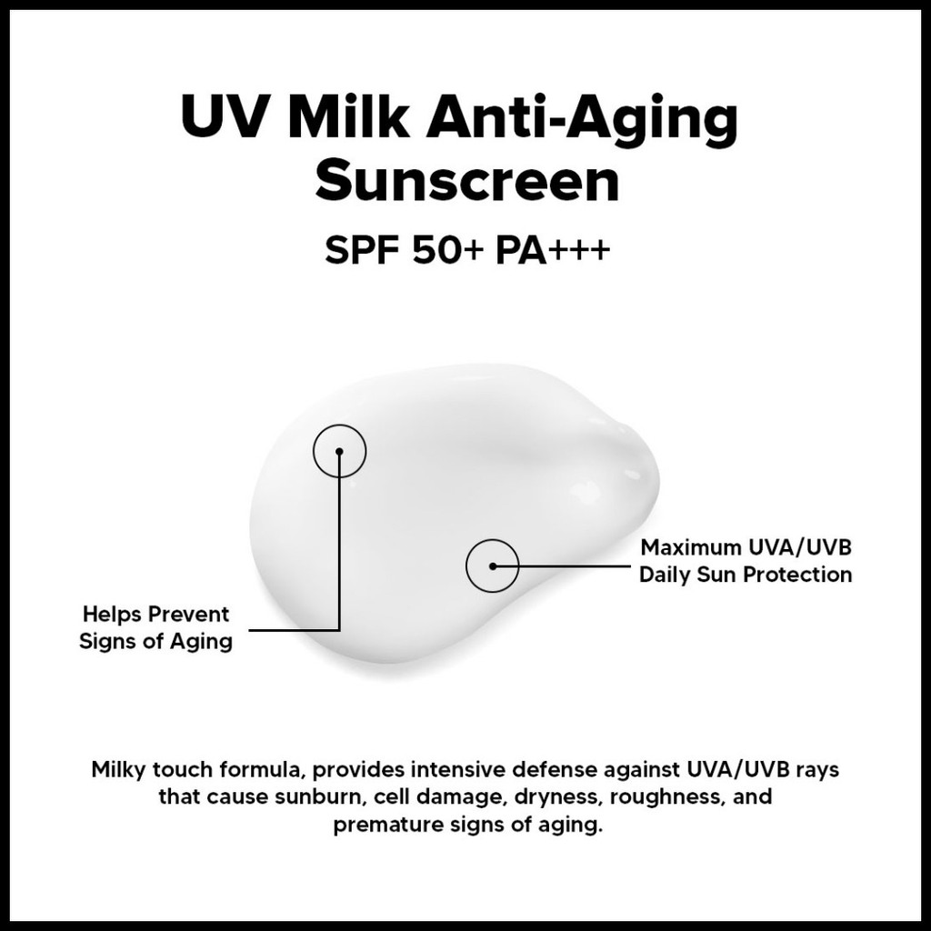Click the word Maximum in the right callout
click(x=689, y=547)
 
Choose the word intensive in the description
click(x=458, y=769)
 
